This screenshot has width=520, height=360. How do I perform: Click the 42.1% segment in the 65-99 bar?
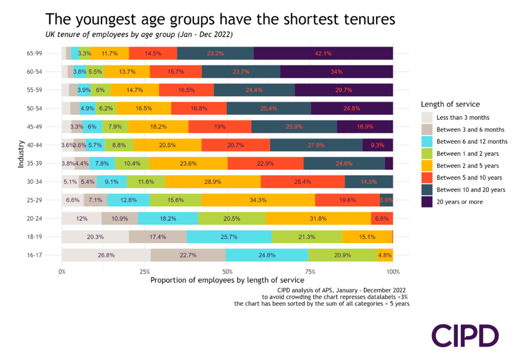click(323, 54)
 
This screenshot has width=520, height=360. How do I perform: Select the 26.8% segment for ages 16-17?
click(106, 255)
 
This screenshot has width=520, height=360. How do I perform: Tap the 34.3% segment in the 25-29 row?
click(258, 200)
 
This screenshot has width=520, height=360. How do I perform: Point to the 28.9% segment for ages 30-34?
click(212, 182)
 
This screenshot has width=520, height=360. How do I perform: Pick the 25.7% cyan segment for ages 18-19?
click(229, 237)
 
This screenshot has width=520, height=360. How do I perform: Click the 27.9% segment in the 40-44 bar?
click(316, 145)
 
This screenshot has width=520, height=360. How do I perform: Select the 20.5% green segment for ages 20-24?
click(231, 218)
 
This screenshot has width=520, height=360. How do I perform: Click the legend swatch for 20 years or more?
click(427, 201)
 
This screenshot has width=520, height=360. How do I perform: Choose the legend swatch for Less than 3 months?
click(427, 117)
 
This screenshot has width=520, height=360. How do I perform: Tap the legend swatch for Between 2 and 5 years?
click(427, 165)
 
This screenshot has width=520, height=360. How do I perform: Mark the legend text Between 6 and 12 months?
click(472, 141)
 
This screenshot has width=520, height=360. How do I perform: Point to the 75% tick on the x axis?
click(310, 271)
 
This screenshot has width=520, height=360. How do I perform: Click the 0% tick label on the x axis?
click(62, 271)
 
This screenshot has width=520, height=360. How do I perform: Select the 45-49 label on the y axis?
click(51, 127)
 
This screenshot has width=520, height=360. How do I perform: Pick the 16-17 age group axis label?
click(51, 255)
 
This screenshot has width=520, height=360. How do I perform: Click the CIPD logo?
click(465, 335)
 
